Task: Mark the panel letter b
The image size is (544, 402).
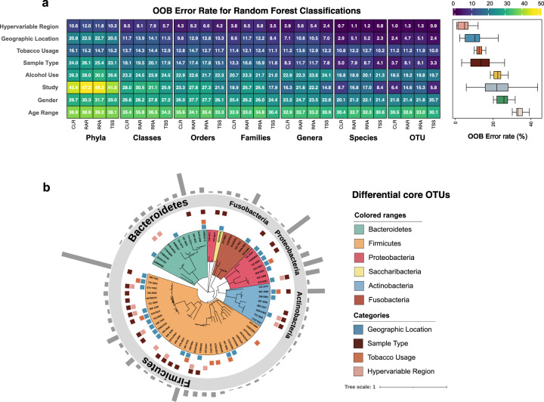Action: click(47, 187)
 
